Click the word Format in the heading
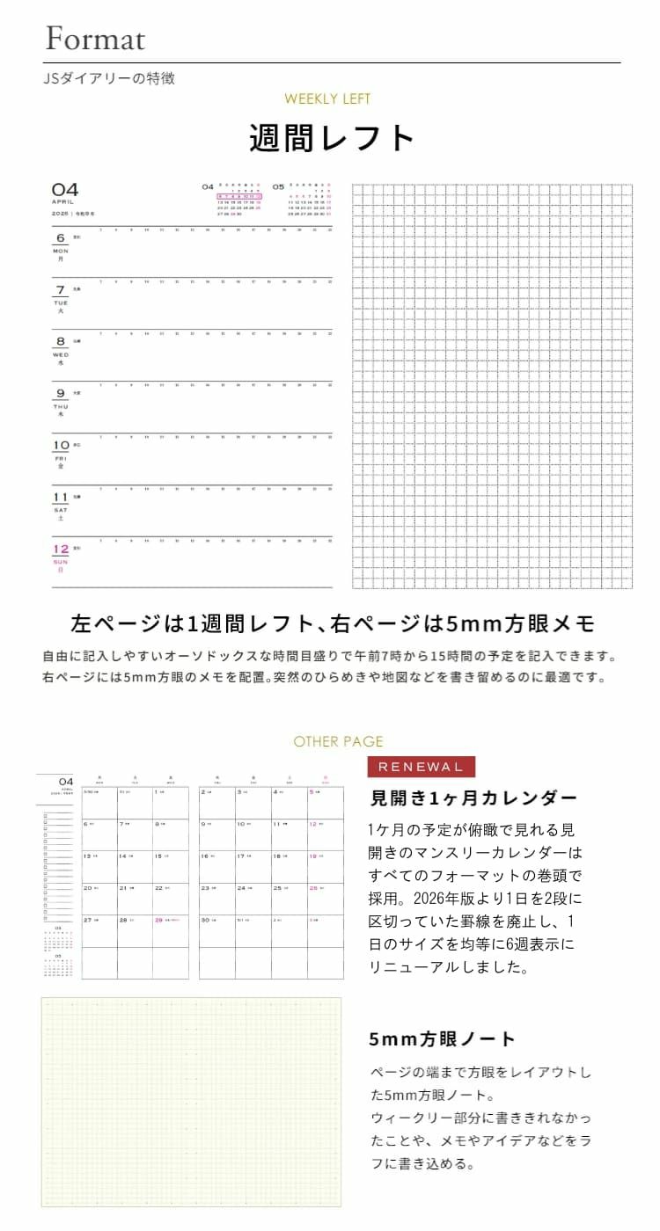[x=95, y=39]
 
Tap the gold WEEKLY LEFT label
[x=327, y=99]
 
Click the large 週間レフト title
[x=332, y=139]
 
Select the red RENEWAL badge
[x=420, y=767]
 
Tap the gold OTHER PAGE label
[x=338, y=741]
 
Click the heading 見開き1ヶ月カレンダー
[x=473, y=798]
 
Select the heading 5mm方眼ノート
[x=442, y=1038]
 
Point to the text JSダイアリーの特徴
[x=109, y=78]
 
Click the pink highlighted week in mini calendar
[x=239, y=196]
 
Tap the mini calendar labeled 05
[x=303, y=200]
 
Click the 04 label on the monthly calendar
[x=65, y=782]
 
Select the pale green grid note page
[x=191, y=1102]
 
